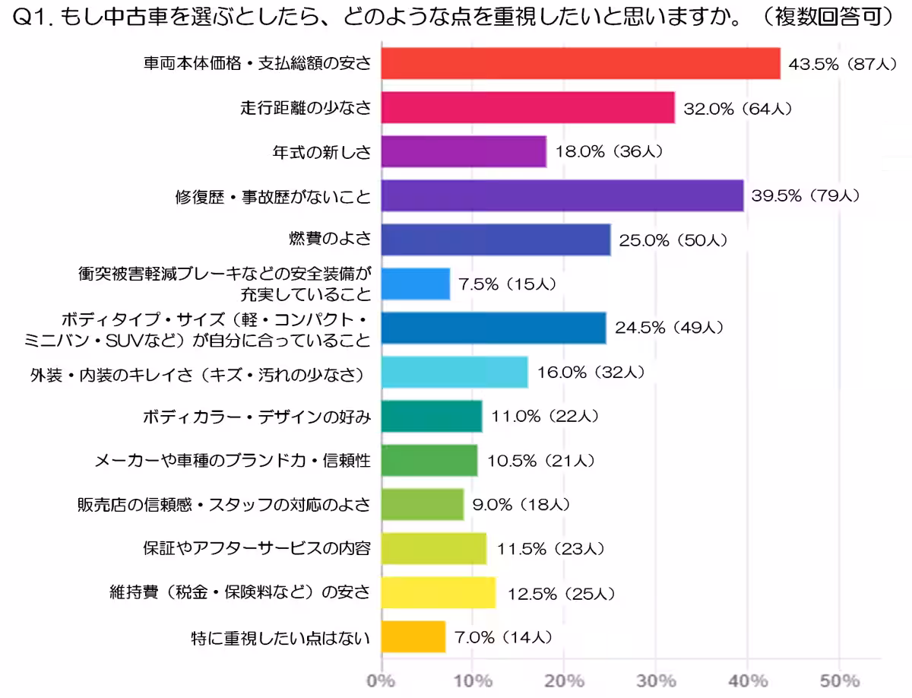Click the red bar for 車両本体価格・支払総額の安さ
click(x=580, y=63)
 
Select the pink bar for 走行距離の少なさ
click(x=527, y=107)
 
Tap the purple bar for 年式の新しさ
click(x=463, y=151)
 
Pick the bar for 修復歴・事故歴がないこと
click(x=562, y=195)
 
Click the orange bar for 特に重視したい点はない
click(x=413, y=636)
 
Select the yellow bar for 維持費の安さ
click(x=438, y=592)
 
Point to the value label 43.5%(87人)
click(x=844, y=64)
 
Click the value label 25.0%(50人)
click(x=673, y=240)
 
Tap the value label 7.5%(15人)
click(x=508, y=284)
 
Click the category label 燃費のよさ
click(x=330, y=240)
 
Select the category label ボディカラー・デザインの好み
click(x=256, y=417)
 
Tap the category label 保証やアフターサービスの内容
click(x=256, y=548)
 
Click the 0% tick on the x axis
click(x=381, y=680)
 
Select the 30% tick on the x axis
click(x=656, y=680)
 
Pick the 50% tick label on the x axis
click(x=839, y=680)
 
